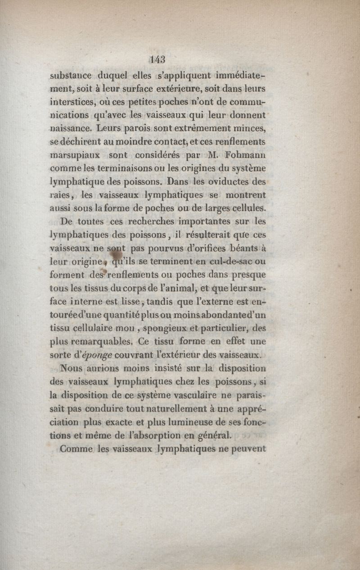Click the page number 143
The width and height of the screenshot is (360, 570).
point(159,59)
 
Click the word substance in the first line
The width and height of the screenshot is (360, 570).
point(71,75)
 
